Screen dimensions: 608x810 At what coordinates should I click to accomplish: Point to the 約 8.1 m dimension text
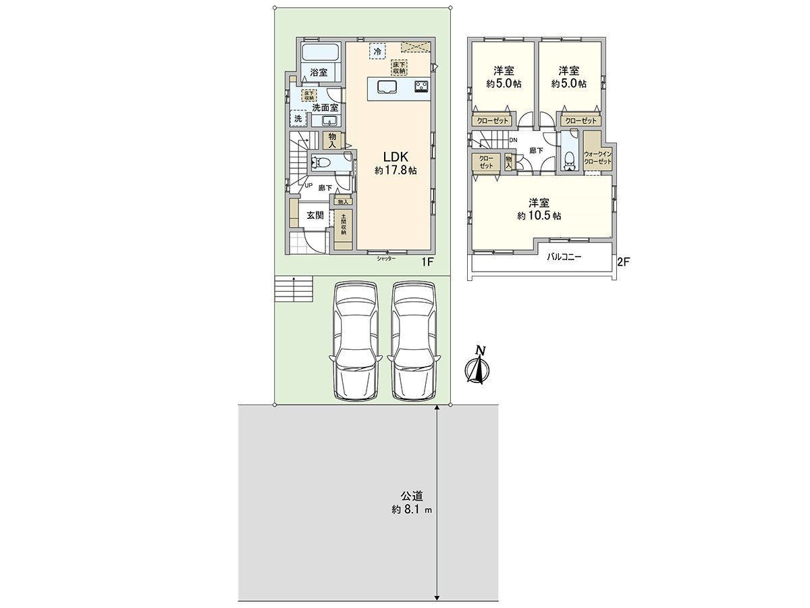(x=411, y=511)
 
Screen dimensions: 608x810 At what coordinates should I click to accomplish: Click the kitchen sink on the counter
(x=387, y=86)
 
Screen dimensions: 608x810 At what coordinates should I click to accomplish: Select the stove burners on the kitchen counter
(x=421, y=86)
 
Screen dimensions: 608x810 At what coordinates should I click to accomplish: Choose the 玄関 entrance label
(x=315, y=216)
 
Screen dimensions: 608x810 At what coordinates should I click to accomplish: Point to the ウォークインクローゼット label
(x=597, y=158)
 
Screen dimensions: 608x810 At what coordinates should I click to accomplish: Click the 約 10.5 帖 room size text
(x=539, y=216)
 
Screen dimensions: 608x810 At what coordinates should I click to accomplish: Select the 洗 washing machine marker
(x=298, y=119)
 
